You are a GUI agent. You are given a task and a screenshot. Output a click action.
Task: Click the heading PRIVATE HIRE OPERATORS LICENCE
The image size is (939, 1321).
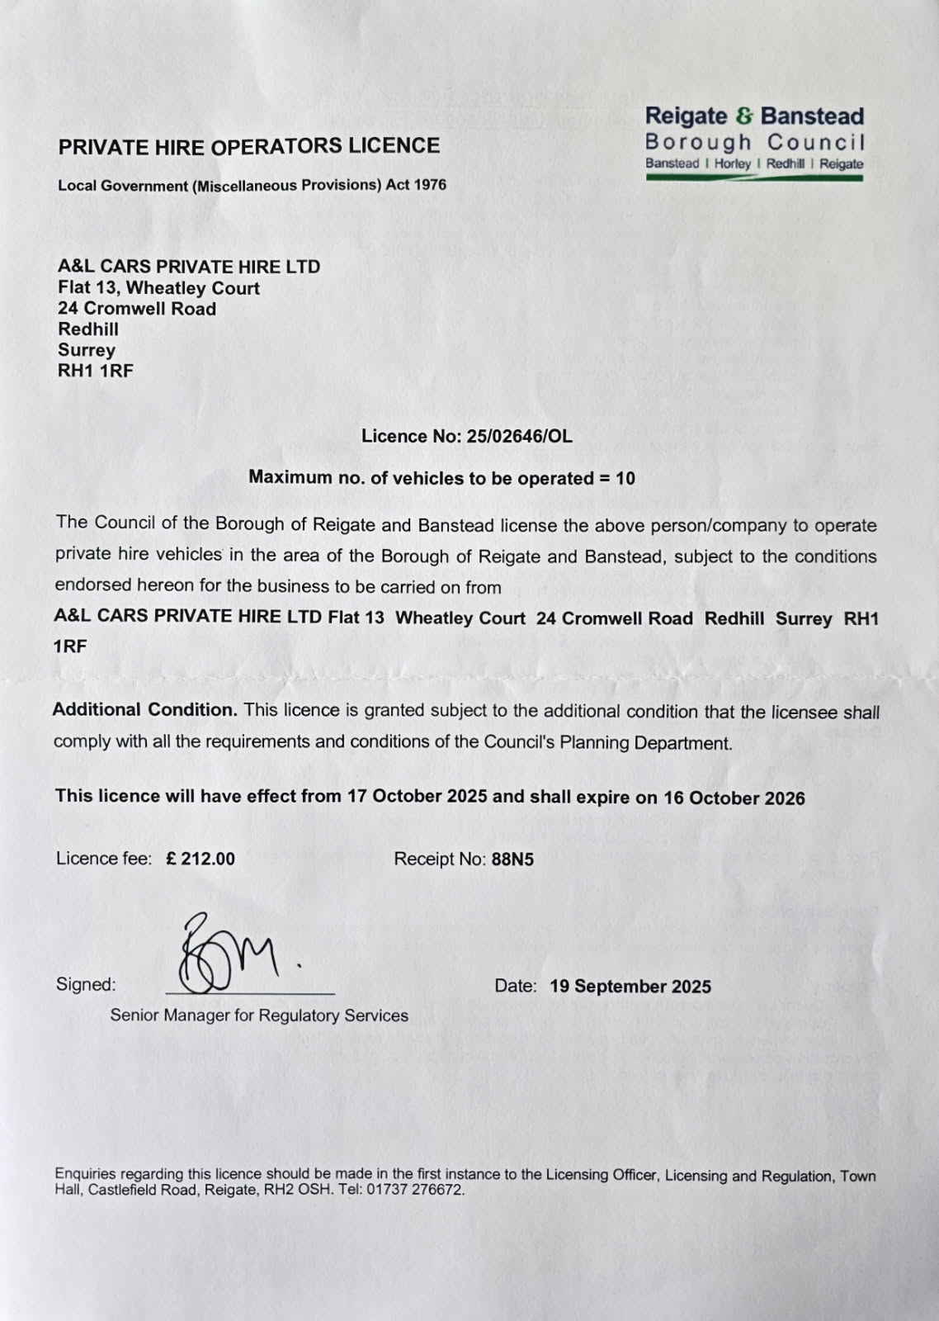tap(248, 147)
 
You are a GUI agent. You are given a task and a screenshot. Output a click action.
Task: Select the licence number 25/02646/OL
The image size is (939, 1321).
tap(518, 437)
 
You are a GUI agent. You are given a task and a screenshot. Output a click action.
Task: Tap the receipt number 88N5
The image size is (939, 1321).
tap(512, 859)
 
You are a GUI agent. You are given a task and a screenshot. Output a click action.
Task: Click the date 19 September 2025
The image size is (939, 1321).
tap(630, 987)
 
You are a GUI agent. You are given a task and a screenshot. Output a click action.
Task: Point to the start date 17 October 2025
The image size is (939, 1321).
tap(418, 797)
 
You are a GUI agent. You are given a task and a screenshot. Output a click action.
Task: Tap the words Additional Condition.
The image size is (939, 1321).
tap(144, 710)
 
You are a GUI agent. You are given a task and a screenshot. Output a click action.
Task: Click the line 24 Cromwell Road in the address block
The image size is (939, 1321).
tap(137, 309)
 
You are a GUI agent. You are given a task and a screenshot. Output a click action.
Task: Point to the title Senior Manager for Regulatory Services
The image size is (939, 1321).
tap(259, 1016)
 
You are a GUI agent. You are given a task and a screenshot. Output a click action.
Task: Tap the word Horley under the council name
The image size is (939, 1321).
tap(733, 163)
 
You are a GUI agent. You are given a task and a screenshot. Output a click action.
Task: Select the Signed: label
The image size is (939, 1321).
tap(86, 984)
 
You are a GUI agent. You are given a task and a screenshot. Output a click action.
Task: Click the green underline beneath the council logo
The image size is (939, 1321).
tap(754, 178)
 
